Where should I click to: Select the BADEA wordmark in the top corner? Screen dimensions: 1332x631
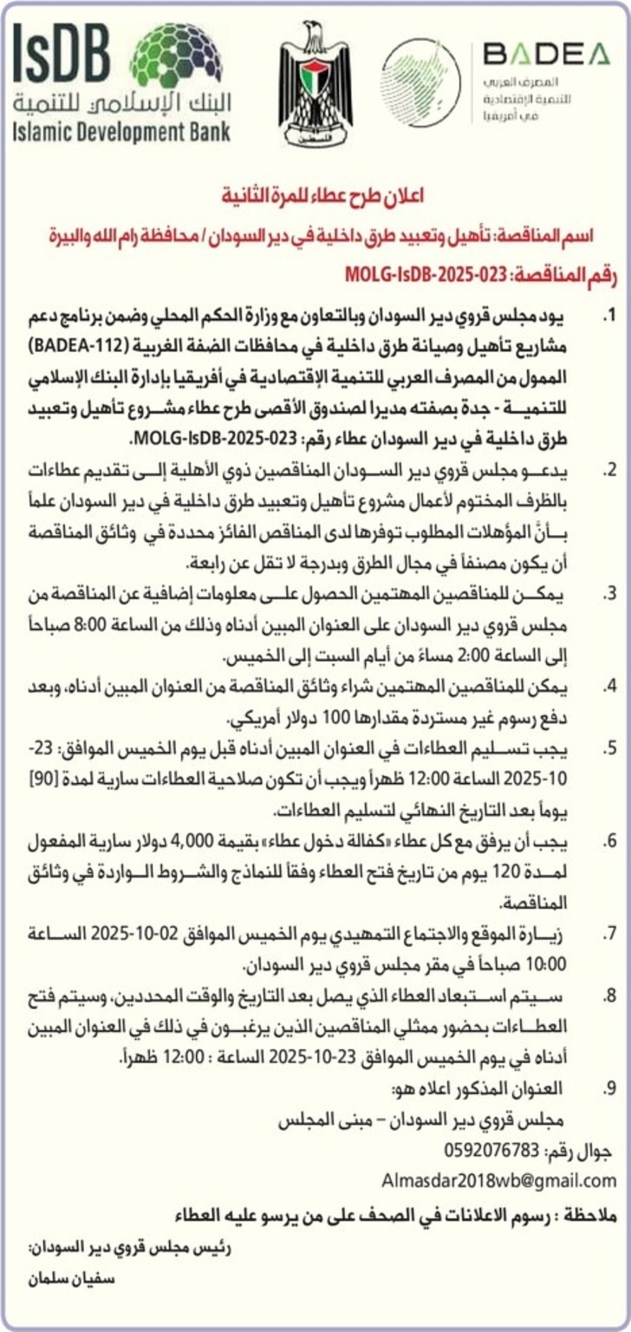point(546,55)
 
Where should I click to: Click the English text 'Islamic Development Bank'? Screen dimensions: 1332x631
point(121,133)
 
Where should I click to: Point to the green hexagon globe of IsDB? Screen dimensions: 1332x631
point(176,56)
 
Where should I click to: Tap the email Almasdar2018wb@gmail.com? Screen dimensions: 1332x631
point(498,1180)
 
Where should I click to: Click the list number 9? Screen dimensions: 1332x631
point(610,1087)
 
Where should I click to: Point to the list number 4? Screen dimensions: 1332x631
point(610,687)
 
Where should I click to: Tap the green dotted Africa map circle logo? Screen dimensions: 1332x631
point(421,83)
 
